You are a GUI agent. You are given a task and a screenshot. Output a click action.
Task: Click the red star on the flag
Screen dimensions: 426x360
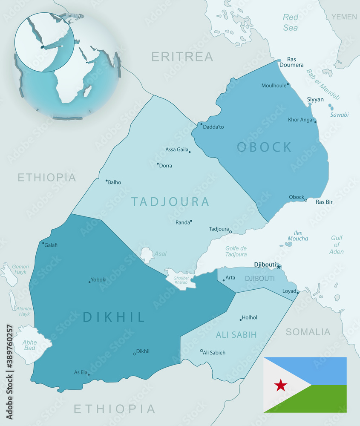click(280, 385)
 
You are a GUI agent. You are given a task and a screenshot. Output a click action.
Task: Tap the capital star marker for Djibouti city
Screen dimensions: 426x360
click(279, 267)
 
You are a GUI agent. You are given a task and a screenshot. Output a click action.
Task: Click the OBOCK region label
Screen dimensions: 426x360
click(265, 147)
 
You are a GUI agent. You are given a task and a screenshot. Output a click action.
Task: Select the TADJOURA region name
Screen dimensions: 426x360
click(170, 201)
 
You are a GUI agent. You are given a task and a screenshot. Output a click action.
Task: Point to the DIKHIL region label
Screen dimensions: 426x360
click(114, 317)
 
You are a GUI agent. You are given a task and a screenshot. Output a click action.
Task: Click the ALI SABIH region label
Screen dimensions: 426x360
click(236, 335)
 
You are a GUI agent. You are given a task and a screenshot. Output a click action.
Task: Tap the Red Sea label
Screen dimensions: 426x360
click(291, 23)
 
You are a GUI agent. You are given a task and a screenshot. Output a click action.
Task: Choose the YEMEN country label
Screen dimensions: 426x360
click(344, 17)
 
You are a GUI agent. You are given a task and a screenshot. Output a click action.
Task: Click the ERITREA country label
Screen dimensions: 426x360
click(182, 56)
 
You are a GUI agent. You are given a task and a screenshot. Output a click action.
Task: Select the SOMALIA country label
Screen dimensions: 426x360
click(308, 332)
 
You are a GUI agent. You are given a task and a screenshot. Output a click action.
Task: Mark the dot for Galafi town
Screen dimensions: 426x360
click(43, 243)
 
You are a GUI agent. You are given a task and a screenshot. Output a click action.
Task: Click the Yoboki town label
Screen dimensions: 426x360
click(98, 280)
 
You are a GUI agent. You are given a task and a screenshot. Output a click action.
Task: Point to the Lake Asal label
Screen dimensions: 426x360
click(160, 254)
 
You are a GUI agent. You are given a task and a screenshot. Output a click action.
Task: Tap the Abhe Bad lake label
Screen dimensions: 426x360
click(29, 345)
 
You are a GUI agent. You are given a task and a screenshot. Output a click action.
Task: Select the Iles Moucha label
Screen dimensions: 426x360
click(298, 236)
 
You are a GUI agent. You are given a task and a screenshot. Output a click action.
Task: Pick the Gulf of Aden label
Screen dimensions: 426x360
click(336, 245)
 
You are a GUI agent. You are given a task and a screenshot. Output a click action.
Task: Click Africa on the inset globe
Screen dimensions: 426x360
click(68, 81)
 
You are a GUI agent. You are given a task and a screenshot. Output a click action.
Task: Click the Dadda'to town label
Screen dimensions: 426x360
click(213, 127)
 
